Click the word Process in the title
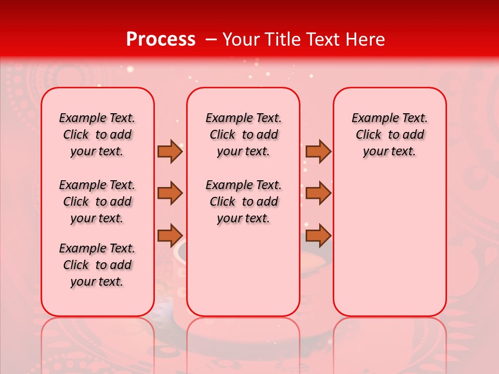point(160,39)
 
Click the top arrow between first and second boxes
point(169,151)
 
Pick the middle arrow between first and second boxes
point(169,193)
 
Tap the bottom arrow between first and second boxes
point(169,235)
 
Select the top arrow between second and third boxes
point(318,151)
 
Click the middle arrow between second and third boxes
point(318,193)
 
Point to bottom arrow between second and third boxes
point(318,235)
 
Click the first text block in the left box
point(97,135)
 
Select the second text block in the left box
point(97,202)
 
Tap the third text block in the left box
point(97,265)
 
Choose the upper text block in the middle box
point(243,135)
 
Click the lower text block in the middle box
point(243,202)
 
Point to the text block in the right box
point(390,135)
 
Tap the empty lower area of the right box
point(390,244)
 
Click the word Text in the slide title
point(323,39)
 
